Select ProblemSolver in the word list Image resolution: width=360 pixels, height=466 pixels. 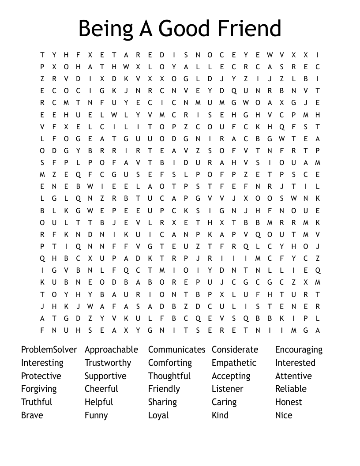click(x=49, y=349)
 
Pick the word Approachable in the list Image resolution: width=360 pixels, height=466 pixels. click(x=111, y=349)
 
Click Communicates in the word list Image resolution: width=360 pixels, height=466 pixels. click(x=176, y=349)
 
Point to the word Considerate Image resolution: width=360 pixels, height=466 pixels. click(x=235, y=349)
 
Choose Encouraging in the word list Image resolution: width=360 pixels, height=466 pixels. click(x=299, y=350)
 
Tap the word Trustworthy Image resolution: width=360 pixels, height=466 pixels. click(x=108, y=363)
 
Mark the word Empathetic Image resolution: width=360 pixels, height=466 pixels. click(x=234, y=363)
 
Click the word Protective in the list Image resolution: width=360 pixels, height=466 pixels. click(x=41, y=376)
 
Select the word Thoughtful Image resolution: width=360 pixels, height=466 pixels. click(x=169, y=376)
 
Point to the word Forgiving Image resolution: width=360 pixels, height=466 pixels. click(x=39, y=389)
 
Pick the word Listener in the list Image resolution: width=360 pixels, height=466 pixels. click(x=227, y=389)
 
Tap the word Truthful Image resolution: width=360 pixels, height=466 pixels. click(x=37, y=402)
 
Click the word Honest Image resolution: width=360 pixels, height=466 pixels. click(x=289, y=402)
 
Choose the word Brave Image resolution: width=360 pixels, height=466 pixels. click(x=32, y=415)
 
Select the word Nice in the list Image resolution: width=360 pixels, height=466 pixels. click(x=284, y=415)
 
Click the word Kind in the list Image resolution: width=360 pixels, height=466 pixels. click(x=220, y=415)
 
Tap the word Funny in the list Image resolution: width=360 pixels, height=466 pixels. click(x=96, y=416)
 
